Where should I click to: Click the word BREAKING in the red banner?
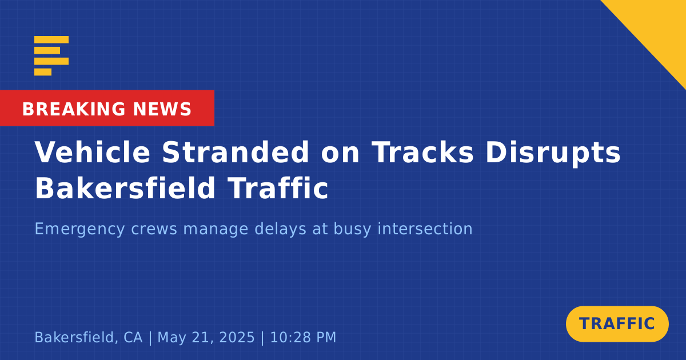click(74, 109)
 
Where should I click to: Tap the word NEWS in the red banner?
click(162, 109)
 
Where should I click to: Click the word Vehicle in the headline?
click(92, 152)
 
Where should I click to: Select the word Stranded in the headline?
click(236, 152)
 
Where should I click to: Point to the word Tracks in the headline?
click(422, 152)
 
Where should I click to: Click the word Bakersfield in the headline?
click(125, 188)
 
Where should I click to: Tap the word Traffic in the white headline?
click(278, 188)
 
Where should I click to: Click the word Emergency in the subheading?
click(79, 229)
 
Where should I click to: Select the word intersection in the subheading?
click(425, 229)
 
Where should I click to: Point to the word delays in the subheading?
click(280, 229)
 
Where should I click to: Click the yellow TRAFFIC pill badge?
click(617, 324)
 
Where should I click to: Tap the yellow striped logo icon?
click(51, 56)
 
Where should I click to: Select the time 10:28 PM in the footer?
click(303, 337)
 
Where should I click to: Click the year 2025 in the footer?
click(237, 337)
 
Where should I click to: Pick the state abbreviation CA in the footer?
click(133, 337)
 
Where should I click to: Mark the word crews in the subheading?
click(154, 229)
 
